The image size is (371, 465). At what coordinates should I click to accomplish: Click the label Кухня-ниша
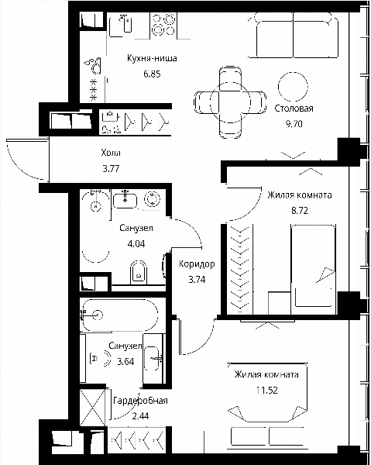152,58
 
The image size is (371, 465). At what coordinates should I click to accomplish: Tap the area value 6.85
152,74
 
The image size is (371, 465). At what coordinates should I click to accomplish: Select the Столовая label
294,108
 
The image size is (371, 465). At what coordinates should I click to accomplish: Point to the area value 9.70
294,124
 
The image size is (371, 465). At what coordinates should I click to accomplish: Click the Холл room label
111,153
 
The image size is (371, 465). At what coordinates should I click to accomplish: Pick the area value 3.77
111,169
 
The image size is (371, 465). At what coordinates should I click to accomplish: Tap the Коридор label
197,264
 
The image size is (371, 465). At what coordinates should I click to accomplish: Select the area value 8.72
300,211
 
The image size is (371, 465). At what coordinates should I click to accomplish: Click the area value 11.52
267,391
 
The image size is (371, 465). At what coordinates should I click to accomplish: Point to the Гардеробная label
140,401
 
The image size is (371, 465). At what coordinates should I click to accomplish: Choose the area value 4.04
136,244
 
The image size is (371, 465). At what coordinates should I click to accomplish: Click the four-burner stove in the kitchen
163,25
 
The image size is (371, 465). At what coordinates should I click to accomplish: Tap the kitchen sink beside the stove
120,25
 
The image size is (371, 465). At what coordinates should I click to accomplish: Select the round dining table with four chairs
230,102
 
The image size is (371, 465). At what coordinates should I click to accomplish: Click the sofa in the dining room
293,36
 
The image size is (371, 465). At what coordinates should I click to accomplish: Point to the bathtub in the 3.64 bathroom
120,315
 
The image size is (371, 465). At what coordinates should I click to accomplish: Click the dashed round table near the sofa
293,87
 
